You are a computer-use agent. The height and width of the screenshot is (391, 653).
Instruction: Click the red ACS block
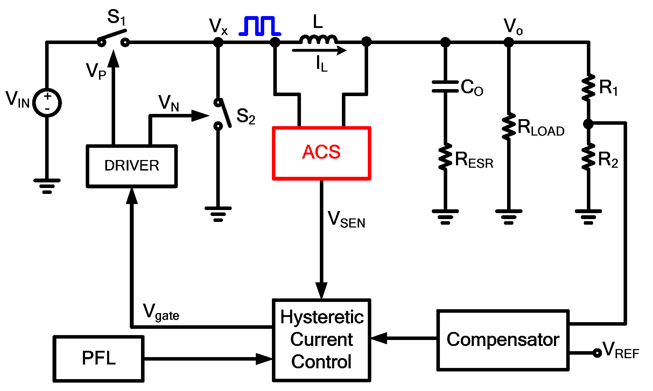(321, 153)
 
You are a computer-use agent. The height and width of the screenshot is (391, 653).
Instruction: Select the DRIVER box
(132, 166)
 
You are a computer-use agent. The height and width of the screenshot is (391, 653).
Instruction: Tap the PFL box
(99, 359)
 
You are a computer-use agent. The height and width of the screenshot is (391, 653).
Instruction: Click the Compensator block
(503, 340)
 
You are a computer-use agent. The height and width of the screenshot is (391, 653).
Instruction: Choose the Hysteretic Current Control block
(321, 340)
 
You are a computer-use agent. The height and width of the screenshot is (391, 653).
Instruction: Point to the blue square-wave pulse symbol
(260, 26)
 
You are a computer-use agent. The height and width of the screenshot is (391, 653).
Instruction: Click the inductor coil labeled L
(318, 39)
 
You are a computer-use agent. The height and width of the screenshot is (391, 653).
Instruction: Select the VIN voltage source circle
(47, 103)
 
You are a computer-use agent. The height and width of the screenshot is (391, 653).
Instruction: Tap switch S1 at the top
(113, 38)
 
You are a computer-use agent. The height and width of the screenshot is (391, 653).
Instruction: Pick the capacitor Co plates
(445, 87)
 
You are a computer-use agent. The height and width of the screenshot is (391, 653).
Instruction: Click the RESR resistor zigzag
(445, 157)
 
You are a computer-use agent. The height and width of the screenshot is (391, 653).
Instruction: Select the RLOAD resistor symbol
(508, 126)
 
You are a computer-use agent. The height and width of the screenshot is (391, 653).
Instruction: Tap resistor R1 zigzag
(588, 87)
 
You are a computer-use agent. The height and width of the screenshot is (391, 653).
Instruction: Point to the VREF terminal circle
(597, 353)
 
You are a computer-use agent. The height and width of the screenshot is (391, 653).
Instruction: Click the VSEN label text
(346, 220)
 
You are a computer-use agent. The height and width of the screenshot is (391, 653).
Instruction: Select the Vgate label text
(161, 312)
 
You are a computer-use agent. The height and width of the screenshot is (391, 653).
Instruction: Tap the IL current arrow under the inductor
(319, 51)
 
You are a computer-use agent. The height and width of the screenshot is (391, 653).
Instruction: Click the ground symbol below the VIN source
(47, 186)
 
